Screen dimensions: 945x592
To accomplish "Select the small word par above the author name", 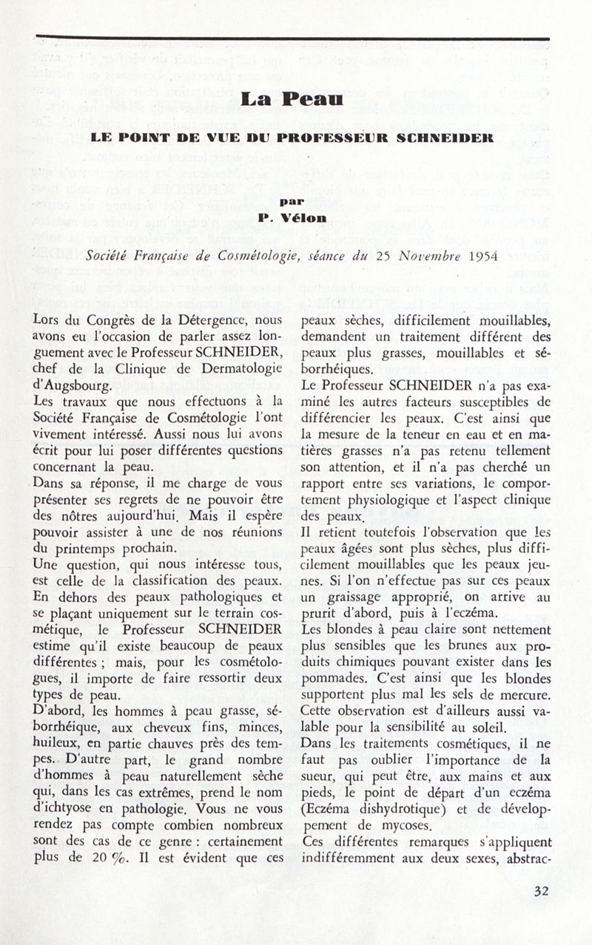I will point(295,200).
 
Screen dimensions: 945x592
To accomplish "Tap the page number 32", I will point(542,892).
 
